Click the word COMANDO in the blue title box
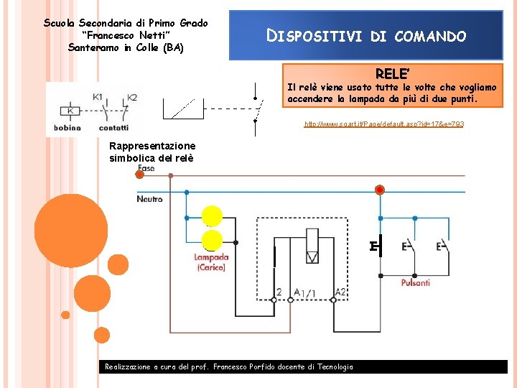tap(430, 36)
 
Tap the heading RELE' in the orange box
tap(391, 73)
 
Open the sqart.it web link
tap(384, 124)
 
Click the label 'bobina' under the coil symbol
tap(67, 128)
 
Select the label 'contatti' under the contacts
tap(113, 128)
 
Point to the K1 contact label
tap(98, 97)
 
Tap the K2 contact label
tap(131, 97)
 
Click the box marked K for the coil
tap(70, 111)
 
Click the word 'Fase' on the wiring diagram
tap(146, 168)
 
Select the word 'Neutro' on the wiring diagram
tap(149, 199)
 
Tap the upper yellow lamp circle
tap(213, 216)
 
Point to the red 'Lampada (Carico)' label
tap(211, 262)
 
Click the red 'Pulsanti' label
tap(416, 283)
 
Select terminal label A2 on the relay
tap(340, 292)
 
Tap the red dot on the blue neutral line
tap(379, 190)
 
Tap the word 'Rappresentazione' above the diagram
tap(152, 146)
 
